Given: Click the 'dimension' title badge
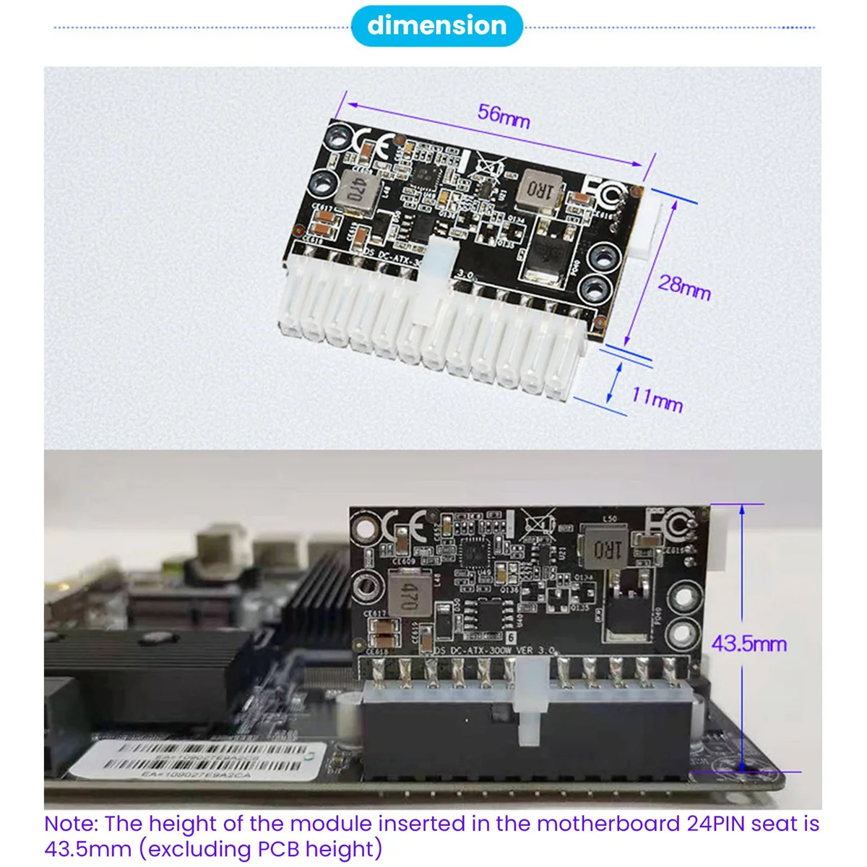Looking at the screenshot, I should [x=436, y=26].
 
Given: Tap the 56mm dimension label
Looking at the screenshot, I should [x=504, y=116].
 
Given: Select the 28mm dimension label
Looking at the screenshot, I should [x=683, y=287].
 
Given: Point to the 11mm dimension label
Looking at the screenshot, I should [x=657, y=398].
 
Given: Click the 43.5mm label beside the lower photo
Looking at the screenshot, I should [x=749, y=643].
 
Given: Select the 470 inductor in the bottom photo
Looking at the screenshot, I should [x=406, y=594].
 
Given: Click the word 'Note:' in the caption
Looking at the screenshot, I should [x=72, y=824].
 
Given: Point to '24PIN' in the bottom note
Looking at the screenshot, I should [x=720, y=824].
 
